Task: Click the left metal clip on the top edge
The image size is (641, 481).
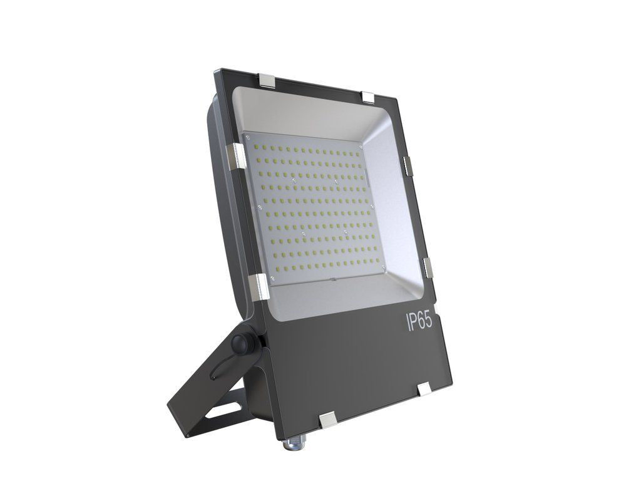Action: pos(268,80)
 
